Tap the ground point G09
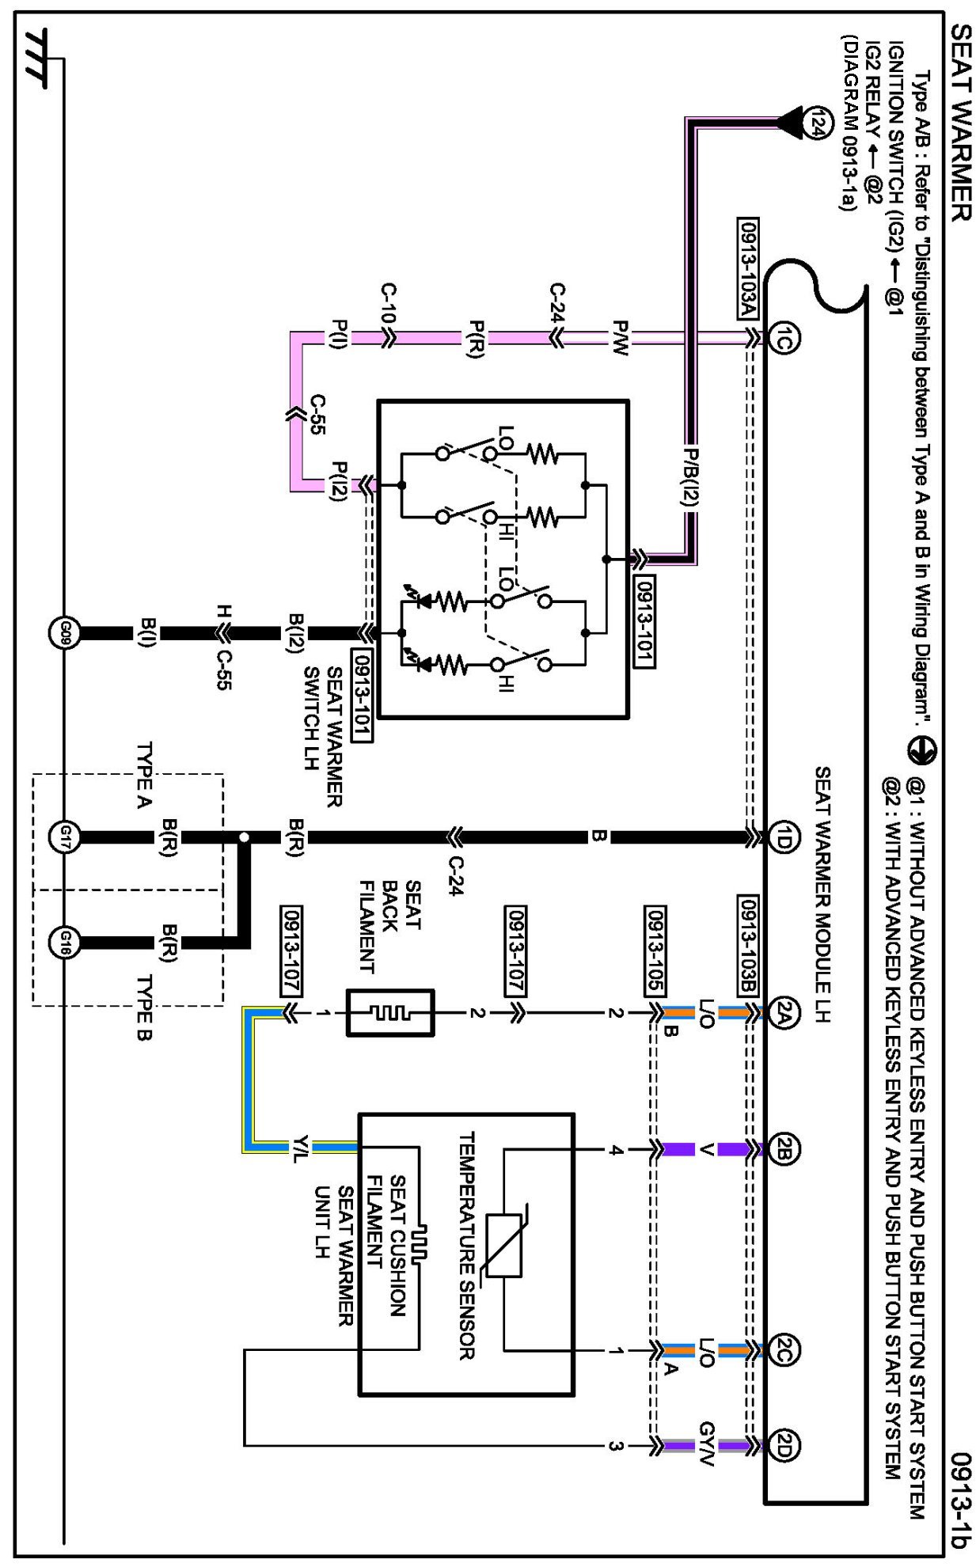click(x=65, y=633)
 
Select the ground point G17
click(x=65, y=836)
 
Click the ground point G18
click(x=65, y=942)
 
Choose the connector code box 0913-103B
click(x=748, y=946)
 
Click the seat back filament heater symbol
click(x=390, y=1012)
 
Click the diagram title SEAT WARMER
click(x=959, y=123)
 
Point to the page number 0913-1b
click(x=959, y=1500)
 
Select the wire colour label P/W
click(x=621, y=338)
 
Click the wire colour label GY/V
click(x=706, y=1445)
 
